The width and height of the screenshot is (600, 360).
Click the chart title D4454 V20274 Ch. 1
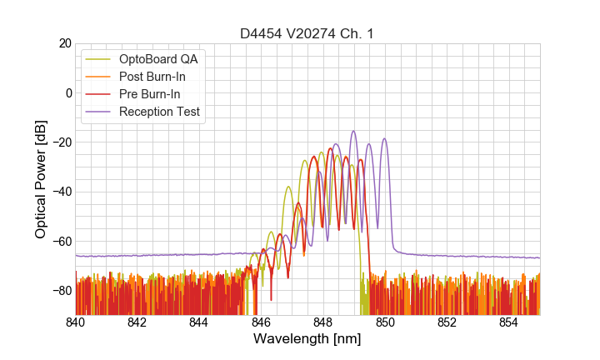[x=307, y=33]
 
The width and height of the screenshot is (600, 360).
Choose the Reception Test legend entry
[x=159, y=112]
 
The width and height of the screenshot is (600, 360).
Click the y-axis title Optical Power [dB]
[x=41, y=179]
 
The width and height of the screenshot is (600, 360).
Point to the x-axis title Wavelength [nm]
[x=307, y=339]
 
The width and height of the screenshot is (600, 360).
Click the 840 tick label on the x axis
[x=76, y=322]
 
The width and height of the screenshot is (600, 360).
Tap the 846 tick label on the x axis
[x=261, y=322]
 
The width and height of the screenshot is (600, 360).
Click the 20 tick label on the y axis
[x=64, y=43]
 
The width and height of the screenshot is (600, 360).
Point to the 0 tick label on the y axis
[x=67, y=92]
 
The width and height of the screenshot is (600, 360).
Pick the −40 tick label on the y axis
[x=62, y=192]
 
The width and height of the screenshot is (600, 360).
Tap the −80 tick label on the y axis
[x=62, y=290]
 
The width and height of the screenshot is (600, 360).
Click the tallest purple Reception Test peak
[x=353, y=131]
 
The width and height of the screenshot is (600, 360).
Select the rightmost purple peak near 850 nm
[x=384, y=138]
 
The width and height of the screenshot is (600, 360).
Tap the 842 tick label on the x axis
[x=137, y=322]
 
